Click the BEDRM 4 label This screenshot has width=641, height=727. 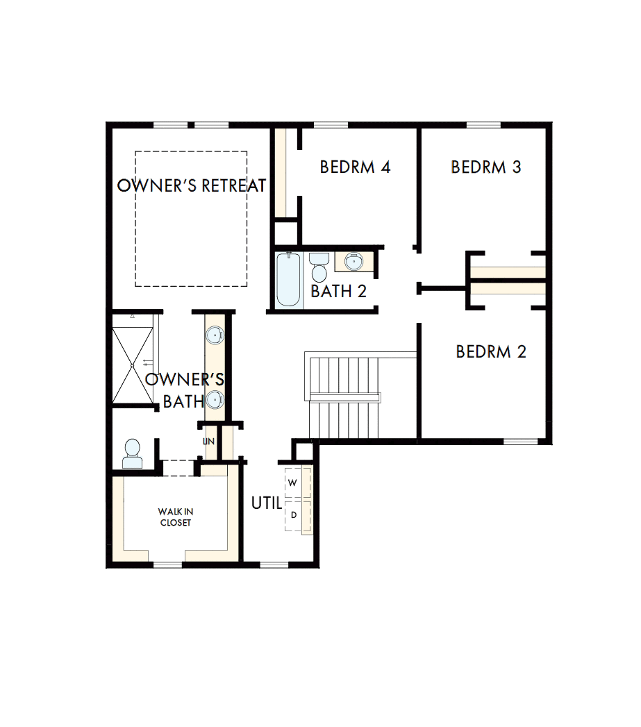[x=355, y=167]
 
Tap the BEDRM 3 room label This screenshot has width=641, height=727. [x=486, y=167]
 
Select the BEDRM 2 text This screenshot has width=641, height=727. [x=491, y=352]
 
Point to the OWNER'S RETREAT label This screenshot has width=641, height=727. [x=192, y=185]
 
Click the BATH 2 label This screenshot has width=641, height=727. [x=338, y=292]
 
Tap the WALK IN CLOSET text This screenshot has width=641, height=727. [x=175, y=517]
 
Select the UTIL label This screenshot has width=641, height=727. [x=266, y=503]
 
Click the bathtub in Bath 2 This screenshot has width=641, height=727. [x=289, y=279]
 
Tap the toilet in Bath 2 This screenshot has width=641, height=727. [x=319, y=267]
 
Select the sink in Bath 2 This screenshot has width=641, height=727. [x=354, y=262]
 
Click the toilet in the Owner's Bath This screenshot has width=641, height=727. [x=132, y=454]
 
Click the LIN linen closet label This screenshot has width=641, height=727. [x=208, y=442]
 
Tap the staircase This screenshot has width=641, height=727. [x=344, y=396]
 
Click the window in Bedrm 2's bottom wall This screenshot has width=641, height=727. [x=520, y=441]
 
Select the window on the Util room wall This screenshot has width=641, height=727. [x=274, y=565]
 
